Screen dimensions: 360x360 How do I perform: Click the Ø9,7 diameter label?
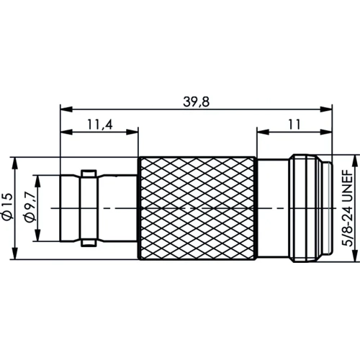pos(29,207)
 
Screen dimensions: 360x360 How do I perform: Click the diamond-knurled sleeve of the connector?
pos(196,207)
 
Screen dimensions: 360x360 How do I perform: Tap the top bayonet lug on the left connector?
pos(86,174)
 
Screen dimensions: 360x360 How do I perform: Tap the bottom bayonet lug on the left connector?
pos(86,240)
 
